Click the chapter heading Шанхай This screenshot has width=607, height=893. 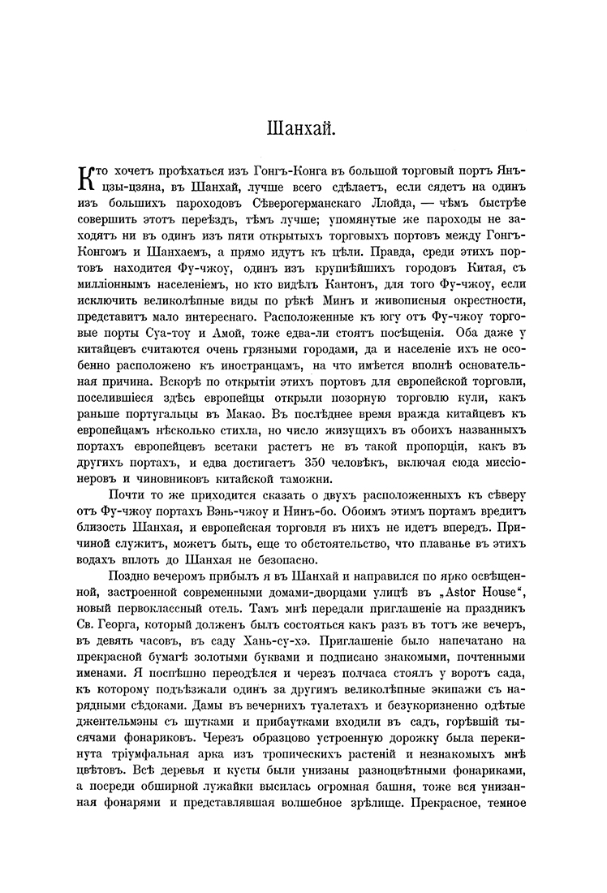pos(303,128)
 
